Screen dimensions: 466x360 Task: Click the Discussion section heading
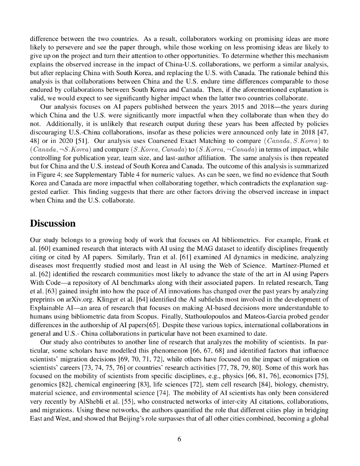pyautogui.click(x=52, y=223)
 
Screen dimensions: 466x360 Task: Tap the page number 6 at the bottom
pyautogui.click(x=179, y=439)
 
